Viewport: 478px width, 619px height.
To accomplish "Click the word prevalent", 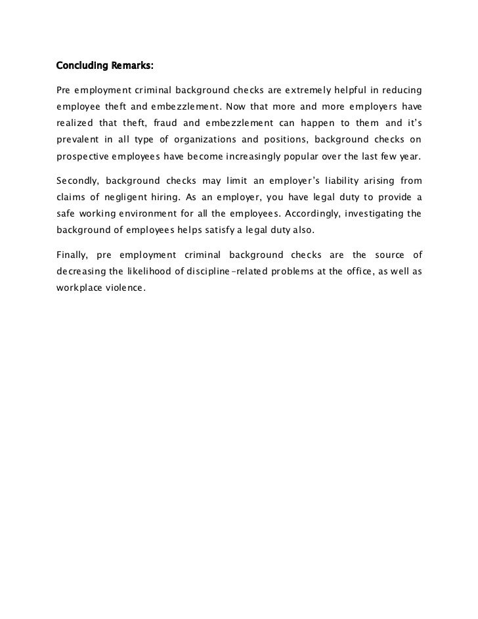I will (76, 140).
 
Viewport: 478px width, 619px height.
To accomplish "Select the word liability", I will (322, 181).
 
